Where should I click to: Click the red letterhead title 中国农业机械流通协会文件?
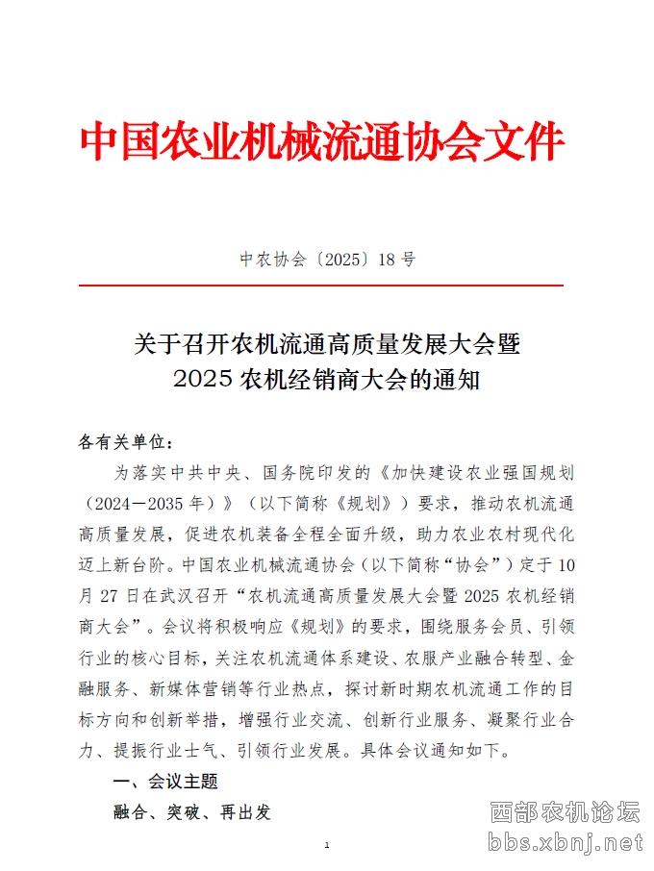click(321, 142)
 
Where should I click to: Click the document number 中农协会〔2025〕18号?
click(327, 260)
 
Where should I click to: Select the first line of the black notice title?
click(327, 342)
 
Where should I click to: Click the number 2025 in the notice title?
click(203, 379)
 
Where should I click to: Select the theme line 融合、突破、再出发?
click(192, 812)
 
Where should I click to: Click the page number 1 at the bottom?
click(327, 845)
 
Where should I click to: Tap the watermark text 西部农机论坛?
click(565, 813)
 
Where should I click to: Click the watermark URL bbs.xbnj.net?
click(565, 843)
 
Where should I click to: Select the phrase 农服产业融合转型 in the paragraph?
click(472, 659)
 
